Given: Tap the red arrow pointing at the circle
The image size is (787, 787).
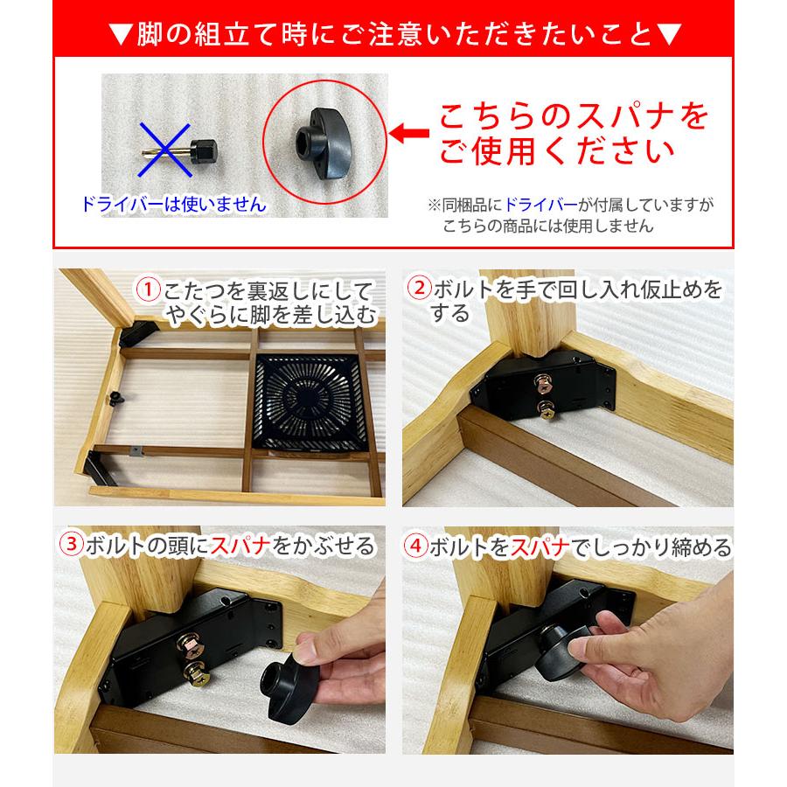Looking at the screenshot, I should coord(407,134).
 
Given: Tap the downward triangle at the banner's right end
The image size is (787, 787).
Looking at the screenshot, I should coord(667,36).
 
